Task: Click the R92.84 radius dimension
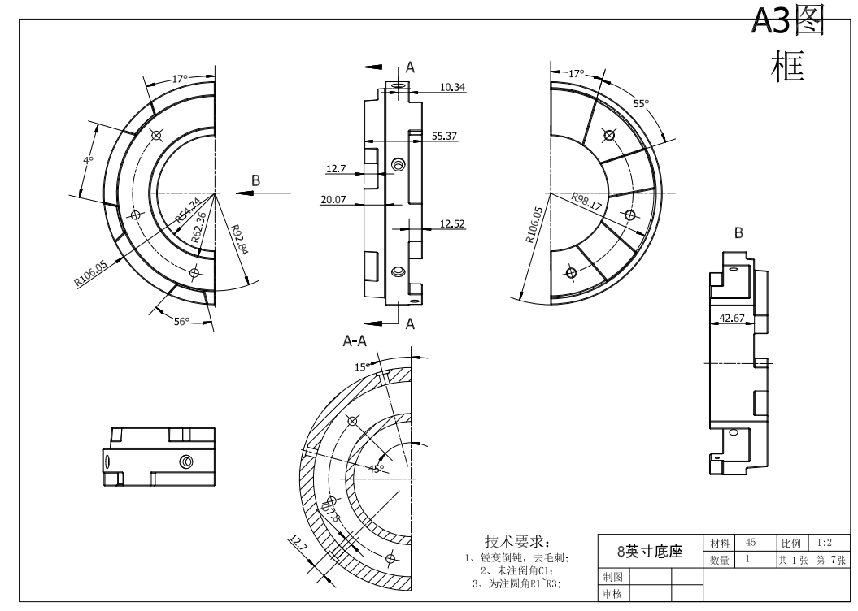239,240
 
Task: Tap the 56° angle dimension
181,322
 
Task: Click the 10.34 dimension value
452,87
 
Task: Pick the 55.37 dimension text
444,136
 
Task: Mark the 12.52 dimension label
452,223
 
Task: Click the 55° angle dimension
642,104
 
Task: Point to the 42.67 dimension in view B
733,318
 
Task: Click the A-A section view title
355,342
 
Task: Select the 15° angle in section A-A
362,367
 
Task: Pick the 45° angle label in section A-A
376,469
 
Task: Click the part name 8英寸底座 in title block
650,551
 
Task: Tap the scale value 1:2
824,543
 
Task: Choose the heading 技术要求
517,541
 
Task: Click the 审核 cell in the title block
612,595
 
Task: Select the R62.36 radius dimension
198,227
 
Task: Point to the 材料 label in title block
719,543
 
